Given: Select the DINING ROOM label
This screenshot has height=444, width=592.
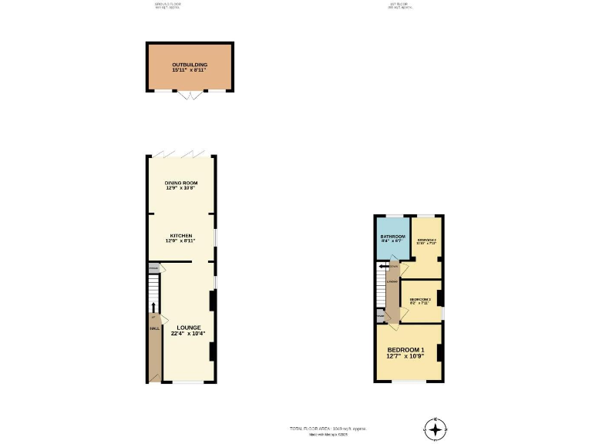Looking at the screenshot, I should coord(180,183).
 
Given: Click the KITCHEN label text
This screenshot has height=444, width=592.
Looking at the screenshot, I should coord(180,235).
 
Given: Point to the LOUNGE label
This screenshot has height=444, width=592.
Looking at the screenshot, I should coord(189,328).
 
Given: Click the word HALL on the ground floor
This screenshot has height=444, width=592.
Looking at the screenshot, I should coord(154,328).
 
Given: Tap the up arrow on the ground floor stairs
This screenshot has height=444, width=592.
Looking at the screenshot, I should coord(153,307).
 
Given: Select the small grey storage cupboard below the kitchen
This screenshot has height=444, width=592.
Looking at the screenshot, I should coord(154,268).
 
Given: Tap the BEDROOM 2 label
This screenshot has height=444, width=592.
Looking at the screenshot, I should coord(426,240).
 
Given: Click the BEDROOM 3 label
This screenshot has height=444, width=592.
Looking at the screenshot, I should coord(419,299).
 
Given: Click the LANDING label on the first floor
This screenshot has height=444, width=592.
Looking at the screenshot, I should coord(392,281).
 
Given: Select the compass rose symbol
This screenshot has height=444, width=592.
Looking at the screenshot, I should coord(436,429).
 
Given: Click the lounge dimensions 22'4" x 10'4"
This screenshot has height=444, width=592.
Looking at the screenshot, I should coord(189,334).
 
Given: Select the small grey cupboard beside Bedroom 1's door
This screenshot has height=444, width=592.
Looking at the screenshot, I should coord(380,316).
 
